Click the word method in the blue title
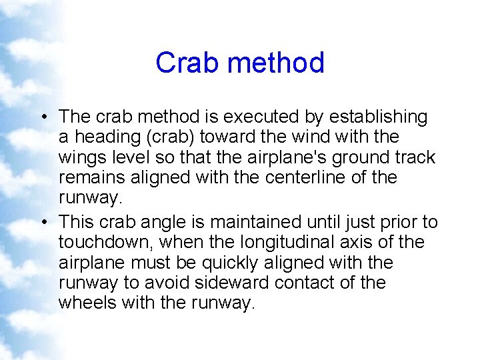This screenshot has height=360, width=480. click(275, 63)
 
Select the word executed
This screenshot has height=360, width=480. click(258, 117)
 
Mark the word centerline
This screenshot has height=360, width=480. click(303, 178)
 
